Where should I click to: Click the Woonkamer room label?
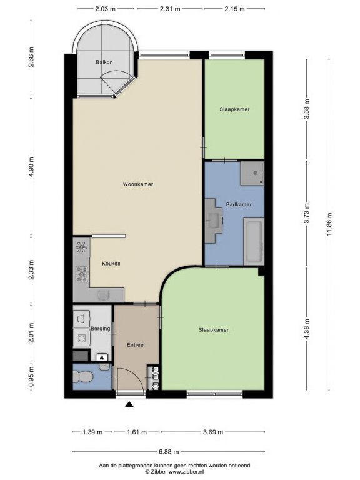(x=137, y=184)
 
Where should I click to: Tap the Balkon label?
(x=104, y=62)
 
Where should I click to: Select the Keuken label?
(x=111, y=263)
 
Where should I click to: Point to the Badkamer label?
(x=239, y=204)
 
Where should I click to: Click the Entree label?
(x=135, y=345)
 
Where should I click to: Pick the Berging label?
(x=101, y=329)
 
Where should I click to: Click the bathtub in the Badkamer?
(x=254, y=241)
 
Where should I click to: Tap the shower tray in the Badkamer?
(x=252, y=174)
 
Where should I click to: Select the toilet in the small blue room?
(x=83, y=376)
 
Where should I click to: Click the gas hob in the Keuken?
(x=82, y=274)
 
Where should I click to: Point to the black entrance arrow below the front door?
(x=130, y=405)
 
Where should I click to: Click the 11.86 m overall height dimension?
(x=329, y=224)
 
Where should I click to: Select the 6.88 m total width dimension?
(x=169, y=451)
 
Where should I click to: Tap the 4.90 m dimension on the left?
(x=31, y=167)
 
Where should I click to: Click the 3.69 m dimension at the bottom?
(x=213, y=432)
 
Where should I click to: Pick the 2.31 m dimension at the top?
(x=170, y=9)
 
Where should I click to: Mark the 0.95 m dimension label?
(x=31, y=377)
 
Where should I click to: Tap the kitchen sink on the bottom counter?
(x=104, y=295)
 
